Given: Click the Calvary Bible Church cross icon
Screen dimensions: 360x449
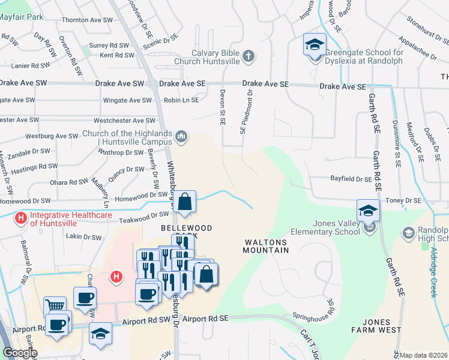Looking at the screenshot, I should pos(249,56).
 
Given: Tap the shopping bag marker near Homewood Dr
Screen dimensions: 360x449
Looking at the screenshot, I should pos(185,203).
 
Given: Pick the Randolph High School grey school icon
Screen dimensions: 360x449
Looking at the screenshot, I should pos(409,232).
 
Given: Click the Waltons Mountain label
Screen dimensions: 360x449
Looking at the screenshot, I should pos(267,247).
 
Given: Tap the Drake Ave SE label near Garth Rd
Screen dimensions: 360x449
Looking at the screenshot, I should pos(342,86).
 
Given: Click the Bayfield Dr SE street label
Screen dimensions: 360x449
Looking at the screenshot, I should pos(352,179).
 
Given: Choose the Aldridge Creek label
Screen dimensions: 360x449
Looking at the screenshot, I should pos(433,274).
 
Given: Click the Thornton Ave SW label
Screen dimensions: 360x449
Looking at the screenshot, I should pos(88,20).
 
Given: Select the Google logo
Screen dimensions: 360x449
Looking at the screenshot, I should pos(19,353).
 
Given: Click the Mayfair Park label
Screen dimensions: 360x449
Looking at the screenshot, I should pos(22,17).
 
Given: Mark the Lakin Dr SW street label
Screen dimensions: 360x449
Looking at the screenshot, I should pos(84,237).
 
